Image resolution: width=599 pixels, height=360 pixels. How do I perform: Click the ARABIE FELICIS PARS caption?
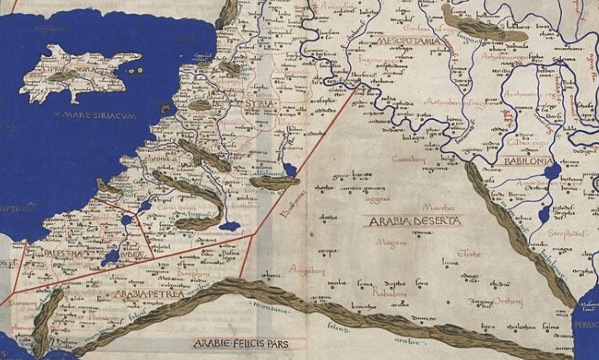pyautogui.click(x=241, y=344)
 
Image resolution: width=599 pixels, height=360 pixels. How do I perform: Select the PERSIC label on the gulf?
pyautogui.click(x=587, y=325)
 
